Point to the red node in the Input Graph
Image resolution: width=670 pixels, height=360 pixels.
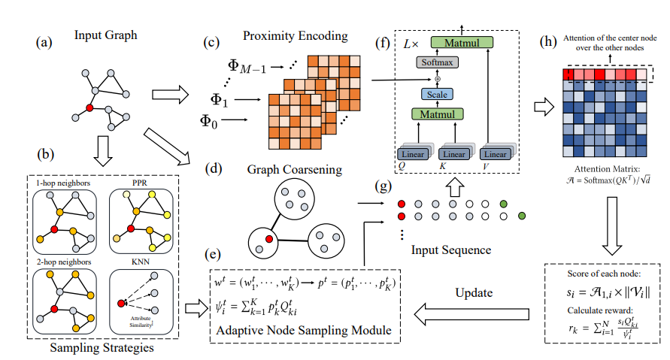pos(89,108)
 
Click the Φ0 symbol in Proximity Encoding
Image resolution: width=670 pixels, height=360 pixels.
pos(211,119)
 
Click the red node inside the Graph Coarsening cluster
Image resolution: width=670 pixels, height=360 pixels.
pos(268,238)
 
